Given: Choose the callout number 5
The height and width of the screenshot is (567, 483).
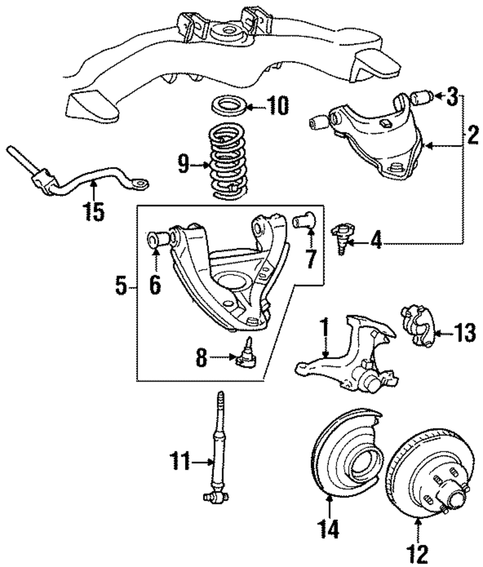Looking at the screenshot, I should point(121,287).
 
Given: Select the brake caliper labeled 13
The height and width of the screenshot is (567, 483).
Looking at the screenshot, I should point(417,326).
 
